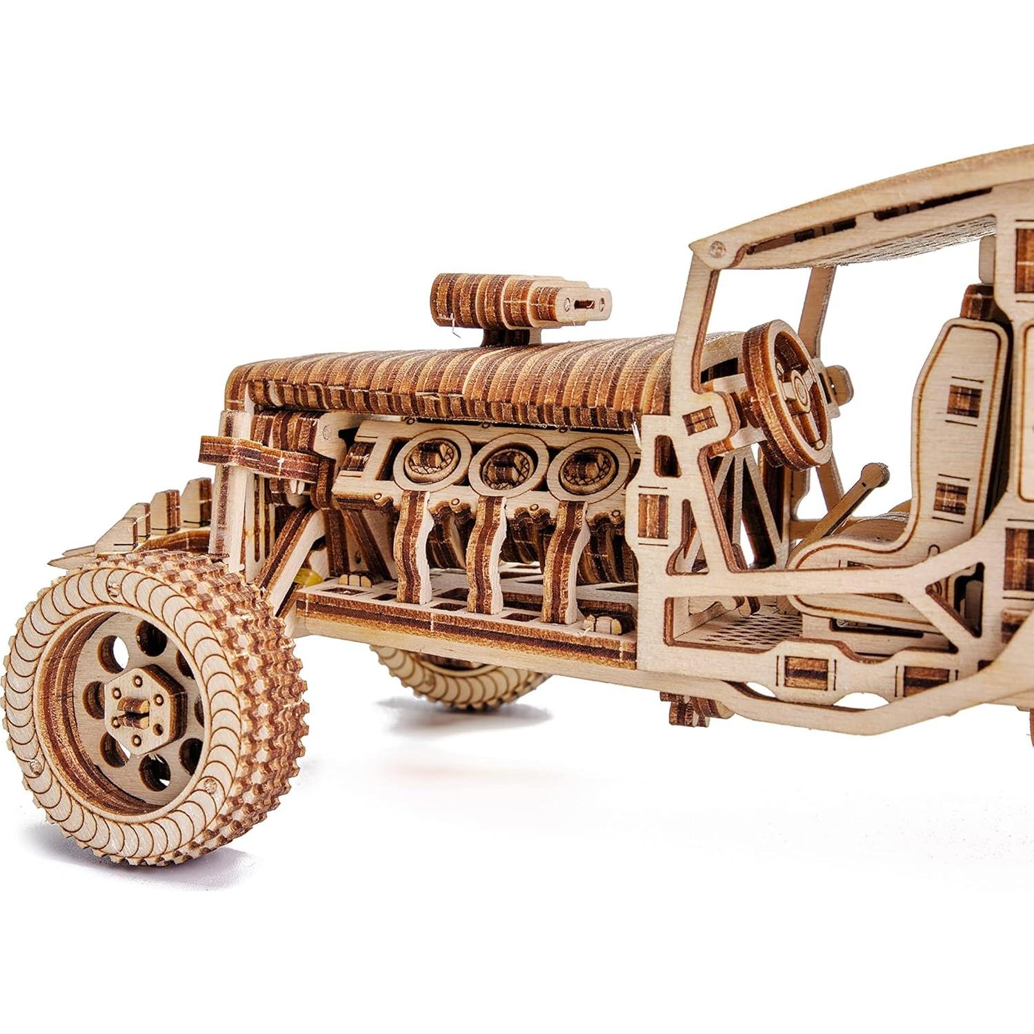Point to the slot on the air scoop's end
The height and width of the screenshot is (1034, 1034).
585,304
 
